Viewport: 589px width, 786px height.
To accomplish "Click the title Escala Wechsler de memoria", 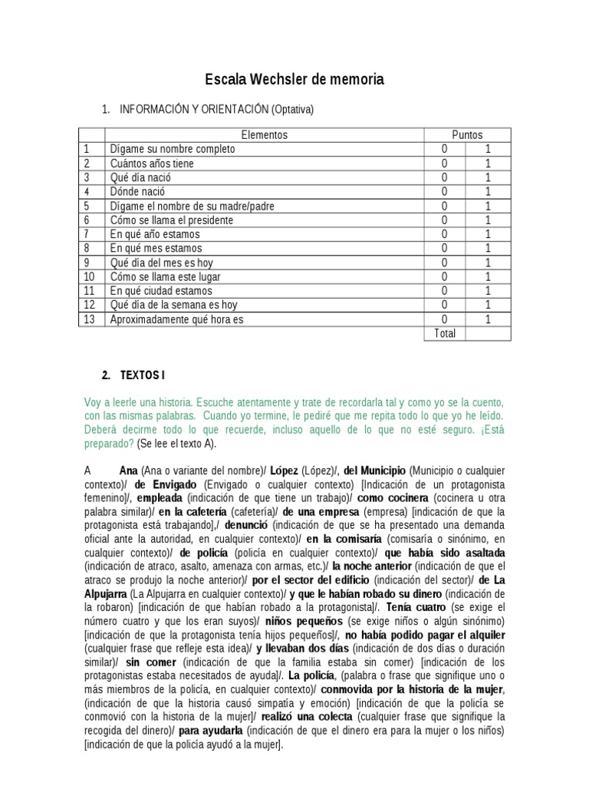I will pyautogui.click(x=294, y=80).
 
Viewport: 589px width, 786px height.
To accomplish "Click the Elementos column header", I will pyautogui.click(x=264, y=135).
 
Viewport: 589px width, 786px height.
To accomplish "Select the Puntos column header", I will pyautogui.click(x=467, y=135).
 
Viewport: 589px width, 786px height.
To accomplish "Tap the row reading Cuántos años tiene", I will pyautogui.click(x=152, y=163).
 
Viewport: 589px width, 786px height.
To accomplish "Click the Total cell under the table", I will pyautogui.click(x=444, y=334).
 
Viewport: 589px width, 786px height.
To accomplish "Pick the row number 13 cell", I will pyautogui.click(x=90, y=319).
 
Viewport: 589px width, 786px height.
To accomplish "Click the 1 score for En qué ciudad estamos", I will pyautogui.click(x=488, y=291).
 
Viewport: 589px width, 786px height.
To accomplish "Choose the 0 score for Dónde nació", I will pyautogui.click(x=444, y=192).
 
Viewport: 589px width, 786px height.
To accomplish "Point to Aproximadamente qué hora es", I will pyautogui.click(x=176, y=319).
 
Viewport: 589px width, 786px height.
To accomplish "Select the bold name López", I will pyautogui.click(x=284, y=470).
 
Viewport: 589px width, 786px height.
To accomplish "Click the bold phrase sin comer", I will pyautogui.click(x=143, y=662).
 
